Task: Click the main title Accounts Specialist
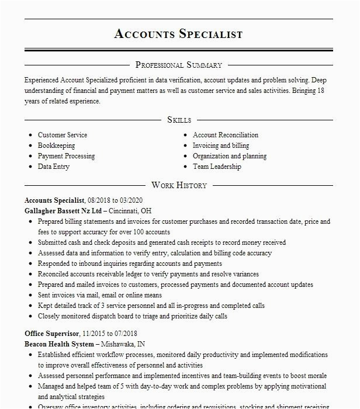(179, 34)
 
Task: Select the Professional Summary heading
(179, 65)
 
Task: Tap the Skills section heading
(179, 120)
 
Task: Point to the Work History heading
(179, 185)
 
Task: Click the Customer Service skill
(63, 135)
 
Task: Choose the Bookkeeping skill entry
(57, 145)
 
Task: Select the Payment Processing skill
(66, 156)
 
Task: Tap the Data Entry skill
(54, 167)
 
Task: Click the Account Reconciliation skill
(226, 135)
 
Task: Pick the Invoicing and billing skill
(221, 145)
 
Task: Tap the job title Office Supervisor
(51, 333)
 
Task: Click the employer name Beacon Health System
(58, 344)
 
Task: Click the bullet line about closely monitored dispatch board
(133, 316)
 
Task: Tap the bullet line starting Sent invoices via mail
(100, 295)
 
